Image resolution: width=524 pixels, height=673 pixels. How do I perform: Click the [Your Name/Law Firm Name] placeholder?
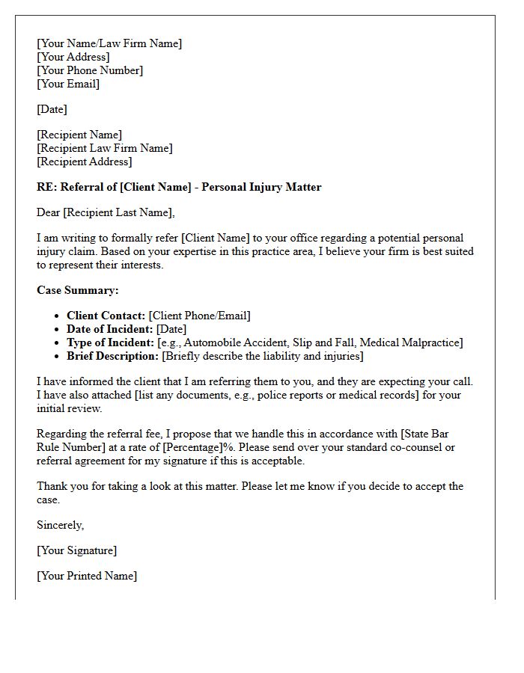[x=109, y=43]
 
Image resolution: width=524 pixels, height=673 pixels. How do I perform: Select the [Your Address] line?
[x=73, y=57]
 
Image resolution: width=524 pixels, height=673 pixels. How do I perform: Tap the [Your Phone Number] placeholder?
[x=90, y=70]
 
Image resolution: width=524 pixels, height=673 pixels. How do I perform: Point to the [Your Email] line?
[x=68, y=84]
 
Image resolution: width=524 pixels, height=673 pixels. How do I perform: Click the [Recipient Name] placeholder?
[x=79, y=135]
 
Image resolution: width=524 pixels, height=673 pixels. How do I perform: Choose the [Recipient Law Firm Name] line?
[x=105, y=148]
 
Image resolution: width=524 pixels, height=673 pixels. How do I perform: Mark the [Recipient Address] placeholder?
[x=85, y=162]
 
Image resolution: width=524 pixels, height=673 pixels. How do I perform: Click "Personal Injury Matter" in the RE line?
[x=262, y=187]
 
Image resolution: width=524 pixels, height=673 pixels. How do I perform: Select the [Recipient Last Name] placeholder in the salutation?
[x=118, y=212]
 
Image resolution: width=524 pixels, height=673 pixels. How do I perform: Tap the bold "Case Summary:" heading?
[x=78, y=290]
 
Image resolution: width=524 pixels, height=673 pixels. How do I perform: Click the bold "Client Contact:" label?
[x=106, y=316]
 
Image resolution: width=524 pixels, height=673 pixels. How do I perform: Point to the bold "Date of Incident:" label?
[x=110, y=329]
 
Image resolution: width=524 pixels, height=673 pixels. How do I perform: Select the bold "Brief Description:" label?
[x=112, y=356]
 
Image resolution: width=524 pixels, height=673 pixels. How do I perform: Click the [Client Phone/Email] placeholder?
[x=200, y=316]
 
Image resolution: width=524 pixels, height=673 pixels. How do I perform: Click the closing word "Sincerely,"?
[x=61, y=525]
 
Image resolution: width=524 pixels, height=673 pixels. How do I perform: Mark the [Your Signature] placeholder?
[x=77, y=550]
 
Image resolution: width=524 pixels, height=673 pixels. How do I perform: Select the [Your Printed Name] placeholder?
[x=87, y=576]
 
